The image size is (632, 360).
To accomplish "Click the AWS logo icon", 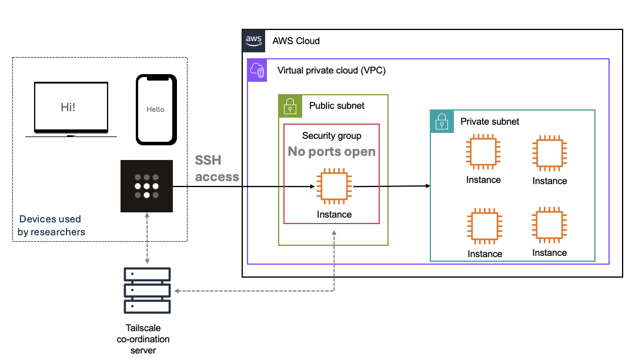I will [253, 41].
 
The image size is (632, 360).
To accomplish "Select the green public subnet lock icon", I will [289, 106].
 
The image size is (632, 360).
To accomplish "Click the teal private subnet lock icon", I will [442, 121].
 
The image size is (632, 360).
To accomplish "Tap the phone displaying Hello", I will [156, 109].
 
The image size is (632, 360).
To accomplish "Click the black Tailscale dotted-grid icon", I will [146, 186].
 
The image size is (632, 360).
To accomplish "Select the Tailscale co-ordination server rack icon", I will [147, 290].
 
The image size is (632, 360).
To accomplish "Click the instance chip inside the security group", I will [334, 188].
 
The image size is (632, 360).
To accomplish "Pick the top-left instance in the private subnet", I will [483, 154].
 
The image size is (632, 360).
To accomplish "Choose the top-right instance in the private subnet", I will [550, 154].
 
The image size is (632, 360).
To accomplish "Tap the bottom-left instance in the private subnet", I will [484, 226].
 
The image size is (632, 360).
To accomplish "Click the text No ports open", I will [332, 152].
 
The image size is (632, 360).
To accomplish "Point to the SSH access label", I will [217, 169].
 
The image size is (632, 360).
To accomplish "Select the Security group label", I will [332, 136].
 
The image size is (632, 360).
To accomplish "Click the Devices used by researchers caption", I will [51, 225].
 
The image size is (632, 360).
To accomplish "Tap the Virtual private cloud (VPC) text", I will [332, 71].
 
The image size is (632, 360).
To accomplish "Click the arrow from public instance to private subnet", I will [392, 186].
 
